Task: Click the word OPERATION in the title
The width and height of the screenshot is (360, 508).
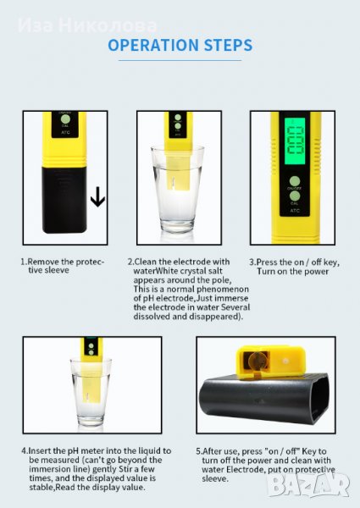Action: click(151, 45)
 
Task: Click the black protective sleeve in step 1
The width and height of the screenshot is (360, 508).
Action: click(64, 200)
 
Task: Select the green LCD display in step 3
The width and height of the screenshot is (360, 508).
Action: click(295, 140)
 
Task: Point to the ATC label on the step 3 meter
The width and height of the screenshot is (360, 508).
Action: click(295, 211)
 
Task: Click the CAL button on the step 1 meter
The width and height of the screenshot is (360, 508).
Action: click(65, 119)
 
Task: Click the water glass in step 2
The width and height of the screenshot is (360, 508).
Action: click(177, 189)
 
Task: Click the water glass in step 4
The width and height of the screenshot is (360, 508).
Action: click(91, 392)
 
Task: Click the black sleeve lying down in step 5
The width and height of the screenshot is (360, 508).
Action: click(265, 398)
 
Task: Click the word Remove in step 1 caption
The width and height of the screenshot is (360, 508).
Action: click(43, 262)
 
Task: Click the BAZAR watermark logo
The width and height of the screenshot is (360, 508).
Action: click(308, 485)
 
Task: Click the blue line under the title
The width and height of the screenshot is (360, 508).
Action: click(180, 60)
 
